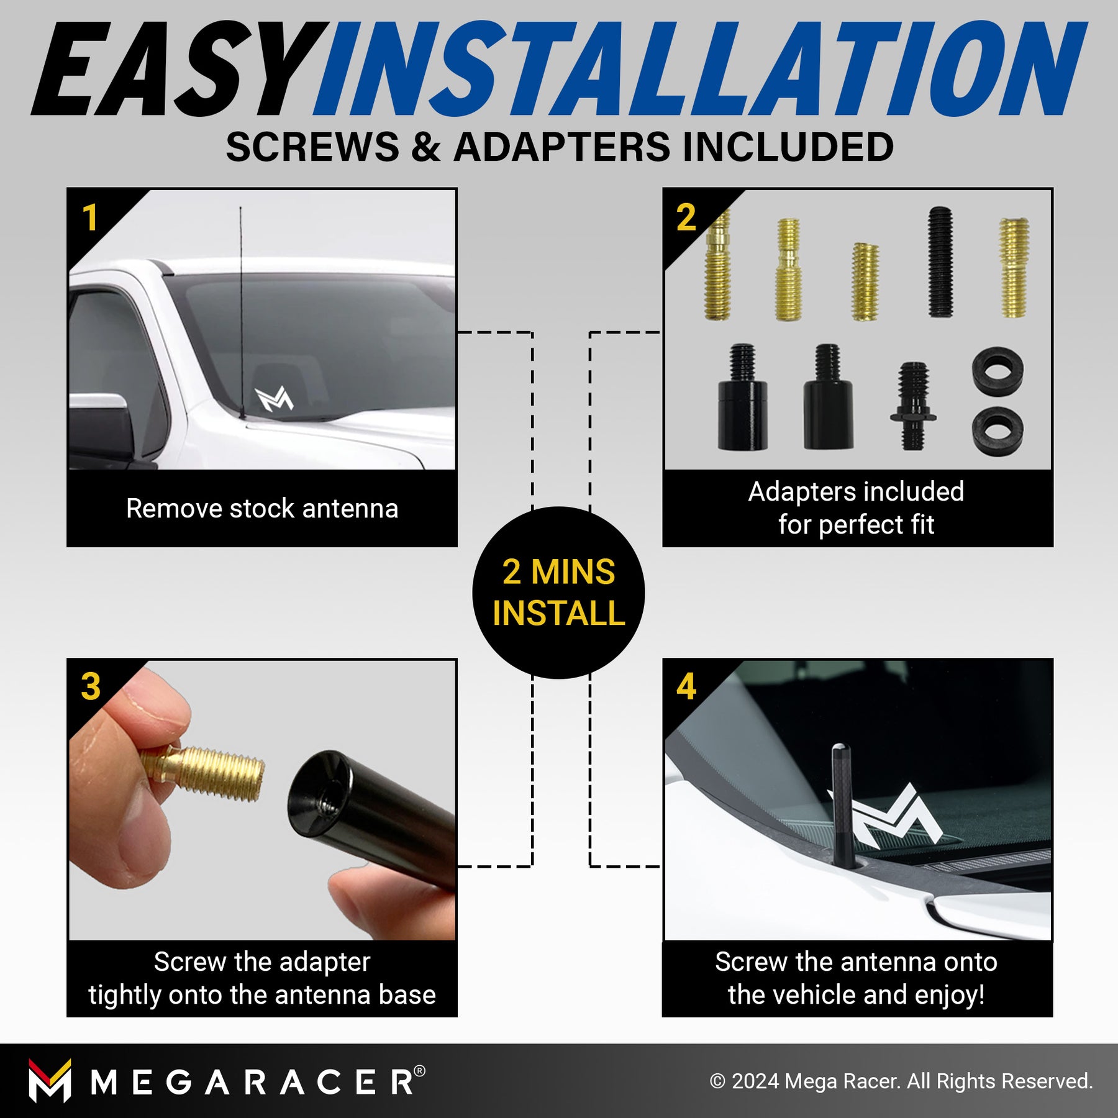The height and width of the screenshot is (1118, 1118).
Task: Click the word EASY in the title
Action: click(180, 69)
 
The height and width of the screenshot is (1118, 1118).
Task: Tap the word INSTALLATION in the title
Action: click(700, 69)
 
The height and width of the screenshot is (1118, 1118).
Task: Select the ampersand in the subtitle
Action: click(425, 147)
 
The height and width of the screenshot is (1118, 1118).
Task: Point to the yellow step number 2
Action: click(686, 217)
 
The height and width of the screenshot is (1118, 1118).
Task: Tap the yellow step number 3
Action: click(91, 686)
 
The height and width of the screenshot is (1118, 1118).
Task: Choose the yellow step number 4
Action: click(686, 686)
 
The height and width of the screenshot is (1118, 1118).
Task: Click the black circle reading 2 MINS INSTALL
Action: click(558, 593)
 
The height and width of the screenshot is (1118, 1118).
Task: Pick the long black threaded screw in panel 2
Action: click(940, 262)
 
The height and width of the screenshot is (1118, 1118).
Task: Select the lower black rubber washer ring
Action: click(998, 432)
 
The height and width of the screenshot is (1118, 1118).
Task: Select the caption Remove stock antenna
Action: click(262, 509)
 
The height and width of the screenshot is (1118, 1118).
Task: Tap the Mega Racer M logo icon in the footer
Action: click(50, 1081)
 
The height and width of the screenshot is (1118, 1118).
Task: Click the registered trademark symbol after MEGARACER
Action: click(419, 1071)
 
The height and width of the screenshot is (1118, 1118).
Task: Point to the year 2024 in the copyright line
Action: click(755, 1081)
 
